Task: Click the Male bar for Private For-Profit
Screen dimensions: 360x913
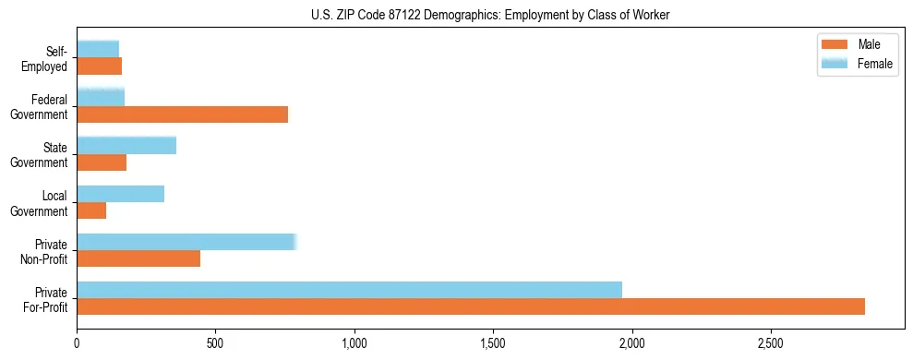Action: tap(471, 306)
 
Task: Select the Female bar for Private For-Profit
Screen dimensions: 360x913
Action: tap(349, 290)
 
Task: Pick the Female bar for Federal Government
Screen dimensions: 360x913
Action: tap(101, 97)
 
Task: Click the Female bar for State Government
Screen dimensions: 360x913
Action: tap(126, 146)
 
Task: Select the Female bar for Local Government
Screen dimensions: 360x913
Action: tap(120, 194)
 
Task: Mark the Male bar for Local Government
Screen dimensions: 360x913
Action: tap(91, 210)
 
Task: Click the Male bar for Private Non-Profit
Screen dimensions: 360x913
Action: tap(138, 258)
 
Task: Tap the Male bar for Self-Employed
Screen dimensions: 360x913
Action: tap(99, 66)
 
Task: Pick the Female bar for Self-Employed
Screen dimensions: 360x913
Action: tap(98, 49)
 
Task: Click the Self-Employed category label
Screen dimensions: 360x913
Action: tap(46, 58)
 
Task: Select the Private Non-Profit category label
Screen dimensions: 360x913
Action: tap(45, 251)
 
